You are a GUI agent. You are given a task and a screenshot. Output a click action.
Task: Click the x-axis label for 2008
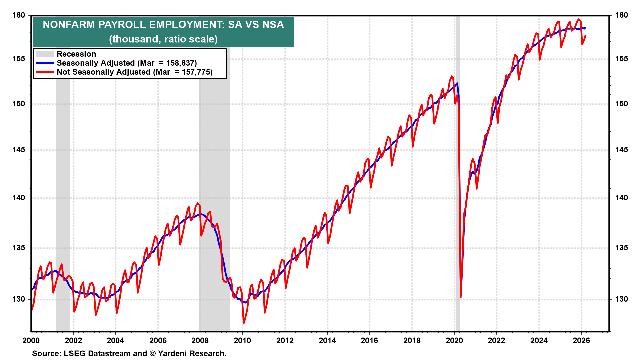coord(200,340)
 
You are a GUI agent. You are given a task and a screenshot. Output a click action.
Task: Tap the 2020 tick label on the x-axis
coord(454,340)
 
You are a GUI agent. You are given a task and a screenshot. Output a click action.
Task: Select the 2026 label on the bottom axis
coord(581,340)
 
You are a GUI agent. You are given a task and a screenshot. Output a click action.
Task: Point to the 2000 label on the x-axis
coord(31,340)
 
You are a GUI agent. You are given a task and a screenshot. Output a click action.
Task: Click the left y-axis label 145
coord(19,150)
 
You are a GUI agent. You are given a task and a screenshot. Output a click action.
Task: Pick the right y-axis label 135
coord(621,248)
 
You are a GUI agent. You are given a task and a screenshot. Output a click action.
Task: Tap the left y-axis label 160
coord(19,15)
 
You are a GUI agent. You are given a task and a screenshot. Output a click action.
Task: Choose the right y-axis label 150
coord(621,104)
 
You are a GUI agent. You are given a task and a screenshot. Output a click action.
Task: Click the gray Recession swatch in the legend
coord(44,54)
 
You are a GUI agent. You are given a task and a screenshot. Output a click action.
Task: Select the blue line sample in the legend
coord(44,63)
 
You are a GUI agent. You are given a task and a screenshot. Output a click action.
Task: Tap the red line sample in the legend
coord(44,72)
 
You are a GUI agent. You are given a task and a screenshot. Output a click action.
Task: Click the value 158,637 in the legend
coord(181,63)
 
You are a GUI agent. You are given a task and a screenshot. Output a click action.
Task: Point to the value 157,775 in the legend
coord(197,72)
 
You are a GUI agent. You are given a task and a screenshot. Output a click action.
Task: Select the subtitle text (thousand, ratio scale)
coord(163,39)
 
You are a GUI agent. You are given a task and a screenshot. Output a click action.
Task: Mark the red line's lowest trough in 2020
coord(461,296)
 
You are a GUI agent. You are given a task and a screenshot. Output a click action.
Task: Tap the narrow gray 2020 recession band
coord(458,200)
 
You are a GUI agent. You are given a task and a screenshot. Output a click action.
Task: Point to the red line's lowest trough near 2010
coord(244,323)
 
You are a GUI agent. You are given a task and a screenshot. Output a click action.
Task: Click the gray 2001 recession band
coord(63,200)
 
